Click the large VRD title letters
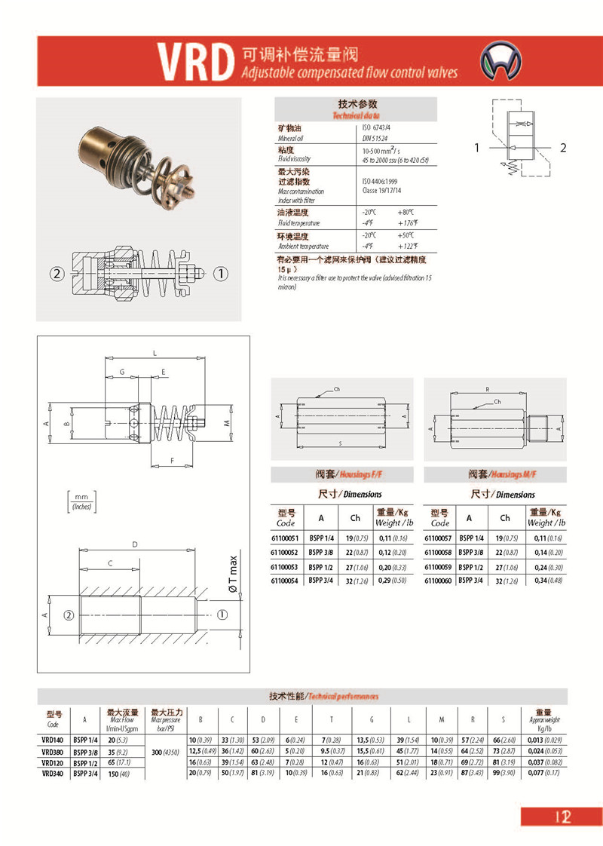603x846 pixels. pos(193,63)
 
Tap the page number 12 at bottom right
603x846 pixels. pos(562,817)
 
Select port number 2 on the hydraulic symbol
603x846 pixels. pos(562,149)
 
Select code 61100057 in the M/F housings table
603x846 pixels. pos(439,538)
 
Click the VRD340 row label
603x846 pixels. pos(52,773)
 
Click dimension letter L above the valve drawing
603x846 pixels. pos(154,353)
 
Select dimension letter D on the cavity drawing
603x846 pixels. pos(134,544)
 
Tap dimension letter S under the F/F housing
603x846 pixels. pos(341,443)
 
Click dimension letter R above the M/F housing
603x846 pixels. pos(488,391)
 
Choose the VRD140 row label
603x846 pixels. pos(52,740)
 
